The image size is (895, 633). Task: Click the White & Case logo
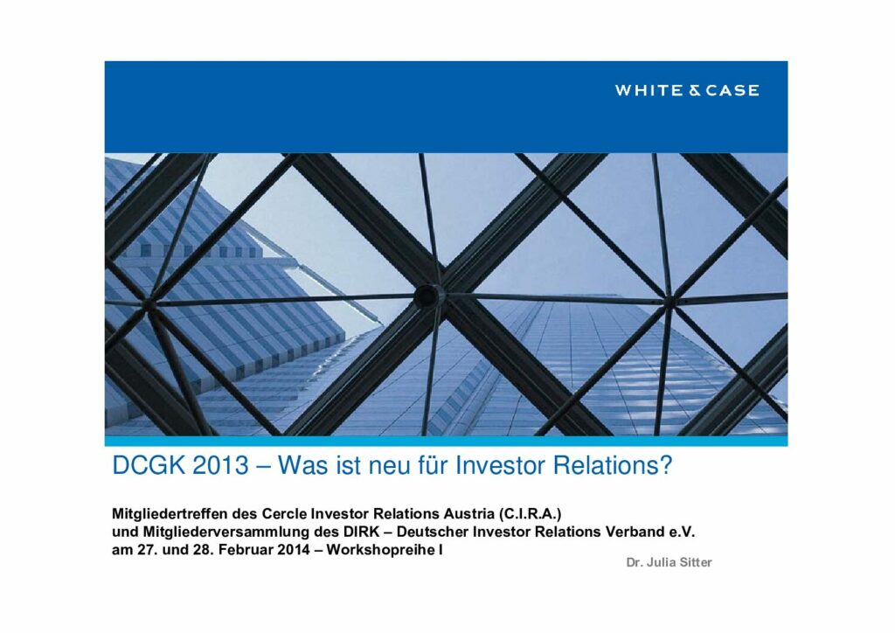tap(687, 90)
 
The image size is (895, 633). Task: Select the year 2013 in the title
tap(221, 466)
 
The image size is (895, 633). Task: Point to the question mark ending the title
tap(666, 466)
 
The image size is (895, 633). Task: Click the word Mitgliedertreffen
tap(168, 514)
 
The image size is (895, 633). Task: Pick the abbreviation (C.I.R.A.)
tap(530, 514)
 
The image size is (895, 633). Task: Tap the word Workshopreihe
tap(381, 550)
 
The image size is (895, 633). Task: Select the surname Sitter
tap(696, 562)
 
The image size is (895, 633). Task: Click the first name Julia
tap(661, 562)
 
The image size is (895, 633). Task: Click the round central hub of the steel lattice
tap(427, 296)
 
